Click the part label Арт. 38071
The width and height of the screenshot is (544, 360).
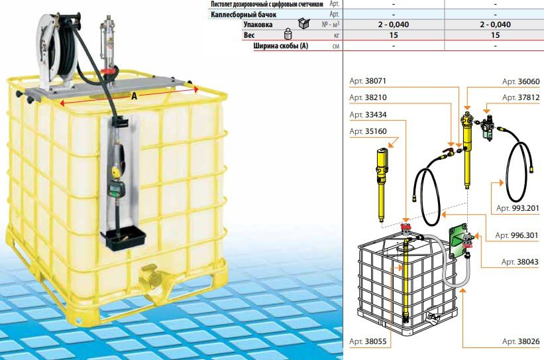point(368,82)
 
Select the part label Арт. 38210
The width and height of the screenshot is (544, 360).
point(368,97)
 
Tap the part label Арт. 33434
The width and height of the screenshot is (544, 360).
point(368,115)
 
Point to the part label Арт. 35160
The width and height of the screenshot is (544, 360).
point(368,131)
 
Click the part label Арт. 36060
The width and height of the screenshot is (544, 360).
point(521,82)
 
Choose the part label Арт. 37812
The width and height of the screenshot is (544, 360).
point(521,97)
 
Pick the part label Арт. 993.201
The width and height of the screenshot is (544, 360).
point(517,208)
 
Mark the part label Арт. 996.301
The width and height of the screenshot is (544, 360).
point(517,235)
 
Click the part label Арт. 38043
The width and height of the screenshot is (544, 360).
point(520,262)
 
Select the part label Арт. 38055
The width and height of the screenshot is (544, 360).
point(368,341)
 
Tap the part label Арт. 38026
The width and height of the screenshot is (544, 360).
point(521,341)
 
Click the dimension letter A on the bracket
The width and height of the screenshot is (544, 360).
point(135,96)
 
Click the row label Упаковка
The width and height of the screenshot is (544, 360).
point(258,25)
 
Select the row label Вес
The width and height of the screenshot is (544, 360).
point(249,35)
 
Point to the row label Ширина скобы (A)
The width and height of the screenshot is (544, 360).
point(281,46)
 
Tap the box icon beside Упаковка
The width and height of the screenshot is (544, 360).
point(303,24)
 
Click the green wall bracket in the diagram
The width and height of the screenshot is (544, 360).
point(457,242)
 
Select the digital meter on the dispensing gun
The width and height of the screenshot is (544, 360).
point(114,188)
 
